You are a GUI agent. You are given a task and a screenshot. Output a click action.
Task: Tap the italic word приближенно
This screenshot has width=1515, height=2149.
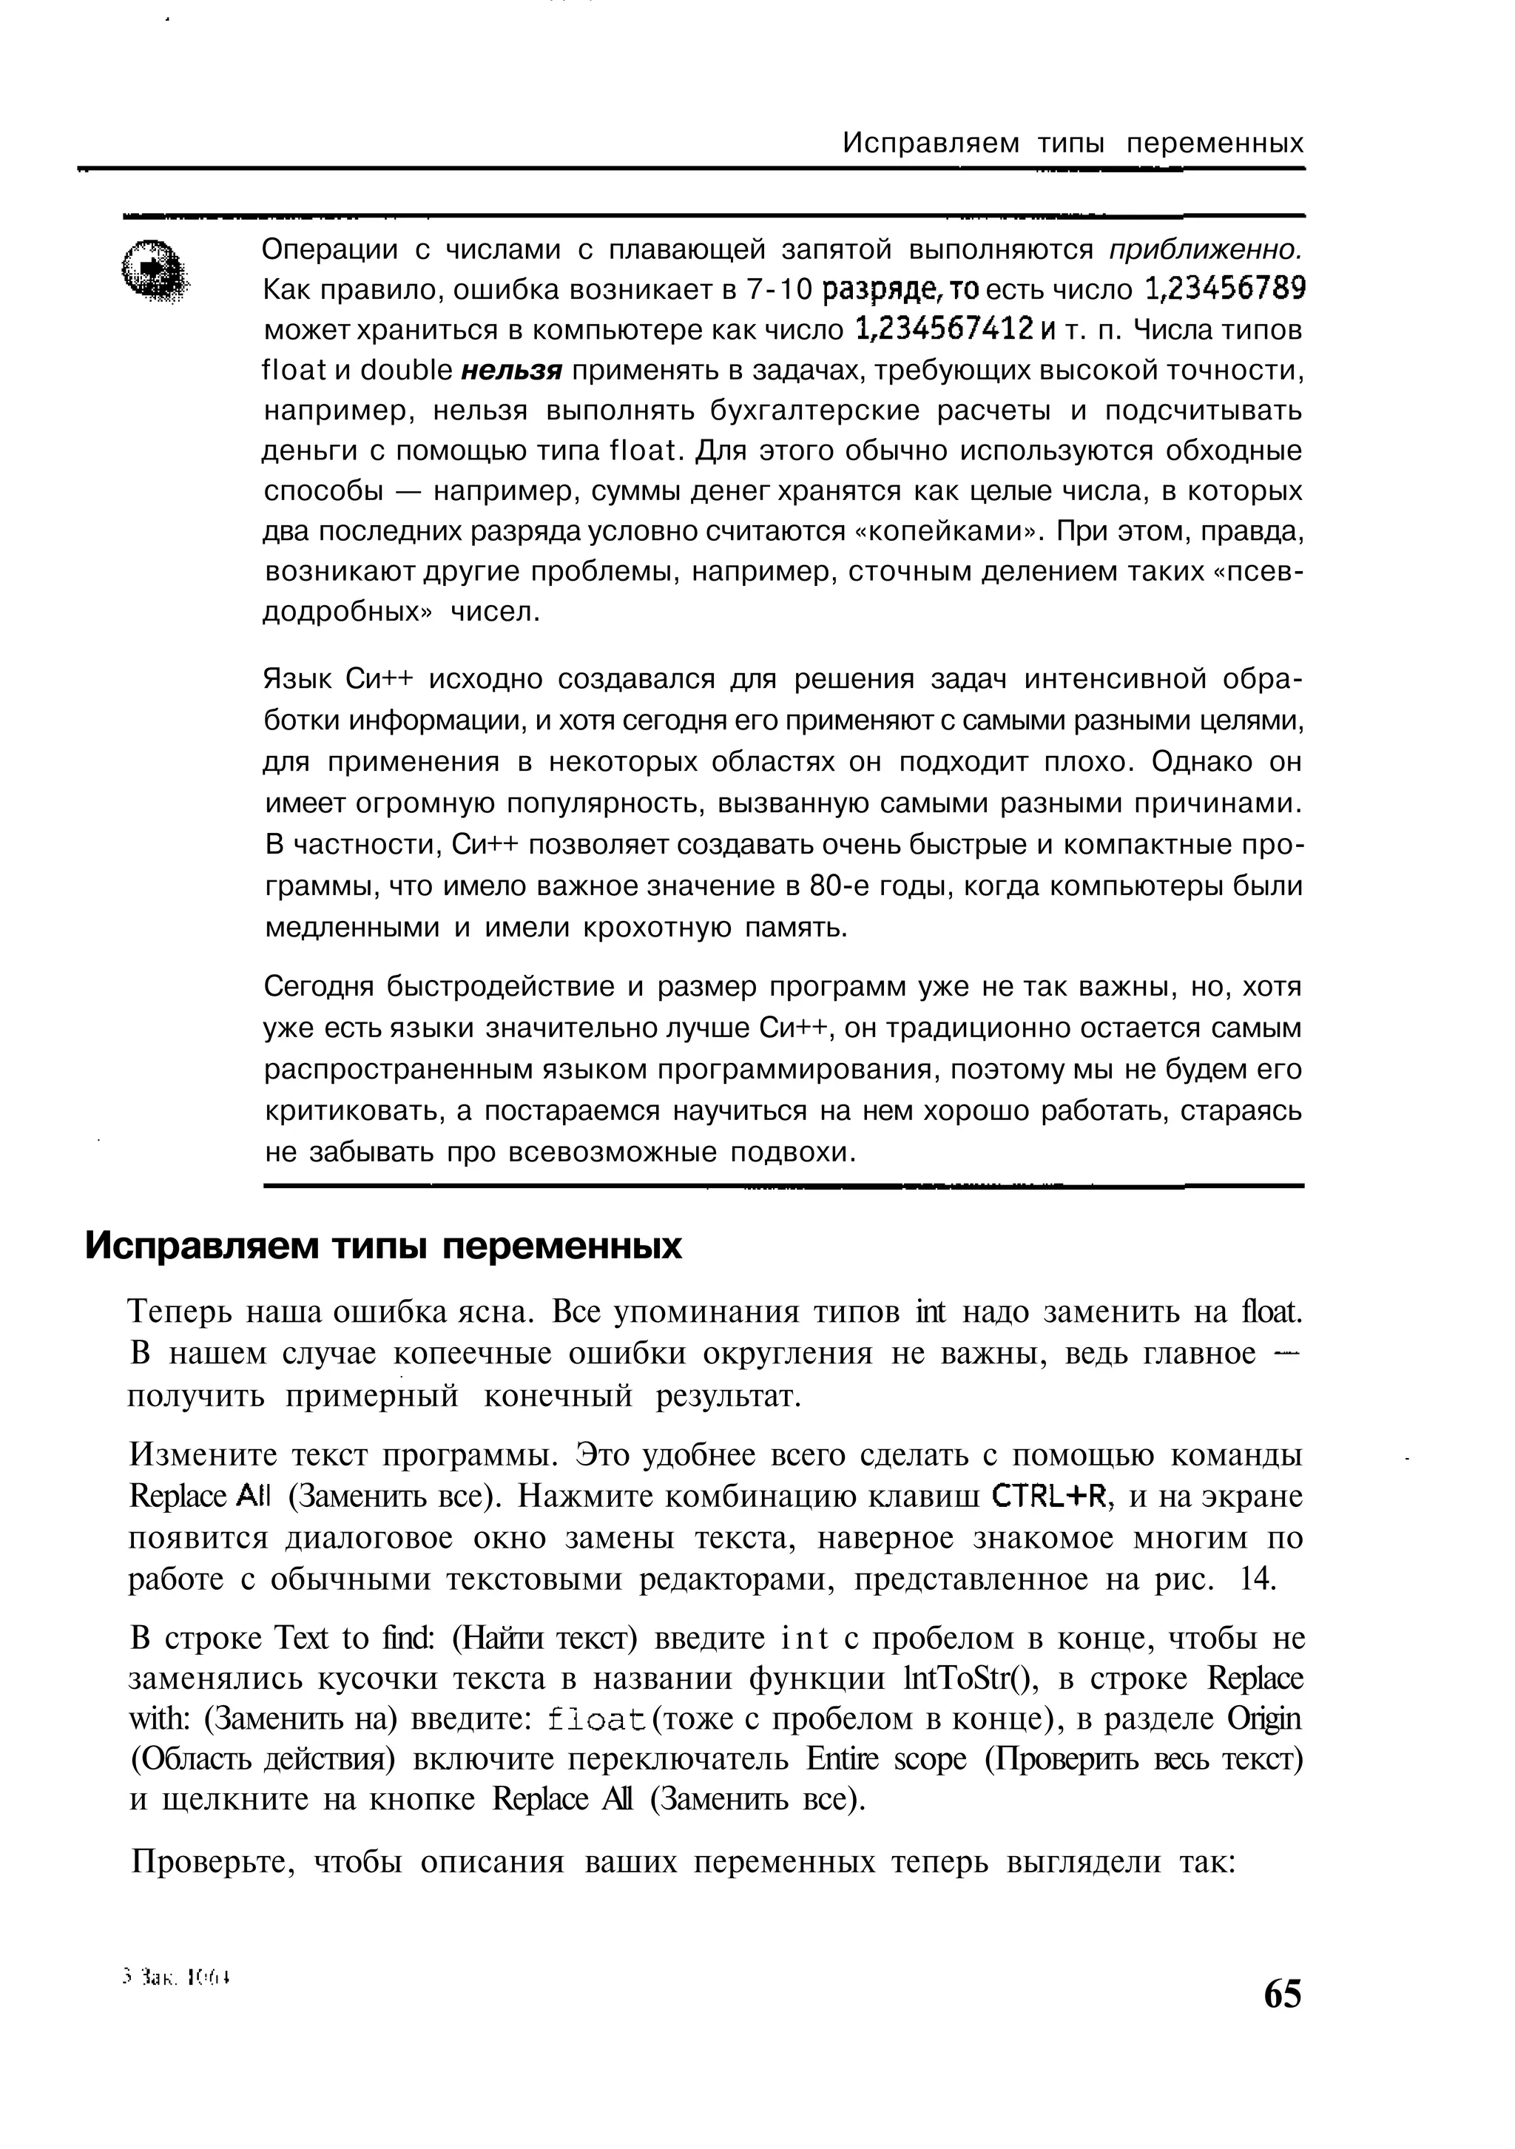pos(1205,249)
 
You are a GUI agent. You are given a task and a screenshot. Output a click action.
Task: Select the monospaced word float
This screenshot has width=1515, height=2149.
pos(596,1719)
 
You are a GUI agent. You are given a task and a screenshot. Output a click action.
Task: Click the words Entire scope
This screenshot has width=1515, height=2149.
pos(885,1760)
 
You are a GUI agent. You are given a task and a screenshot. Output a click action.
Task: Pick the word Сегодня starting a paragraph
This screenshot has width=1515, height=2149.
pos(321,987)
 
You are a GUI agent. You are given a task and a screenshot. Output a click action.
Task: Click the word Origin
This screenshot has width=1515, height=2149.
pos(1265,1719)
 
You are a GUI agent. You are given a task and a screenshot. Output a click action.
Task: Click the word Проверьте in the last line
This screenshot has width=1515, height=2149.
pos(212,1863)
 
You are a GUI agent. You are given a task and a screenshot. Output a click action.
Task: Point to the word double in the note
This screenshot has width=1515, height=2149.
pos(406,371)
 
